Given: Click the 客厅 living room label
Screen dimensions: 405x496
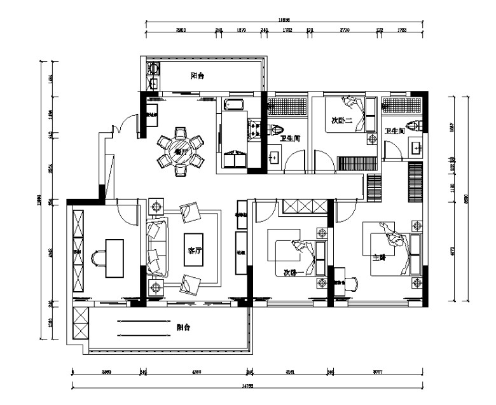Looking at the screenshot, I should coord(194,251).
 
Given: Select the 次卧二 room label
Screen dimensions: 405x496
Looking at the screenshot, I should coord(342,120).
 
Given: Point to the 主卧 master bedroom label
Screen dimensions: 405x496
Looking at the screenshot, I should coord(380,258).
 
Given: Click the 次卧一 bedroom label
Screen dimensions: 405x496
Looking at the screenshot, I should coord(291,272).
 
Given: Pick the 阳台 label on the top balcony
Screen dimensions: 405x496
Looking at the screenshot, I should coord(198,76).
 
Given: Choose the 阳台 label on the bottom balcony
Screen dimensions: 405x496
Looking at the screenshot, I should coord(184,327).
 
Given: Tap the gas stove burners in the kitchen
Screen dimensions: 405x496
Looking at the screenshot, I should coord(256,129).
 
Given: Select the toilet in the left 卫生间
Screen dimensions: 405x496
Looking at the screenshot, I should coord(277,130).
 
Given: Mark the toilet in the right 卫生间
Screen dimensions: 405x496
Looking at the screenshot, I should coord(415,126).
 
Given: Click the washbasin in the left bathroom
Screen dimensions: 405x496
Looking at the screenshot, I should coord(275,156).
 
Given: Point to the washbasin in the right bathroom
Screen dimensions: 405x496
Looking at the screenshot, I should coord(416,148).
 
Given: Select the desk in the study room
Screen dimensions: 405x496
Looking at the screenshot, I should coord(114,257).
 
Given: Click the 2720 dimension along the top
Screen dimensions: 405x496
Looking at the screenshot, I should coord(344,30).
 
